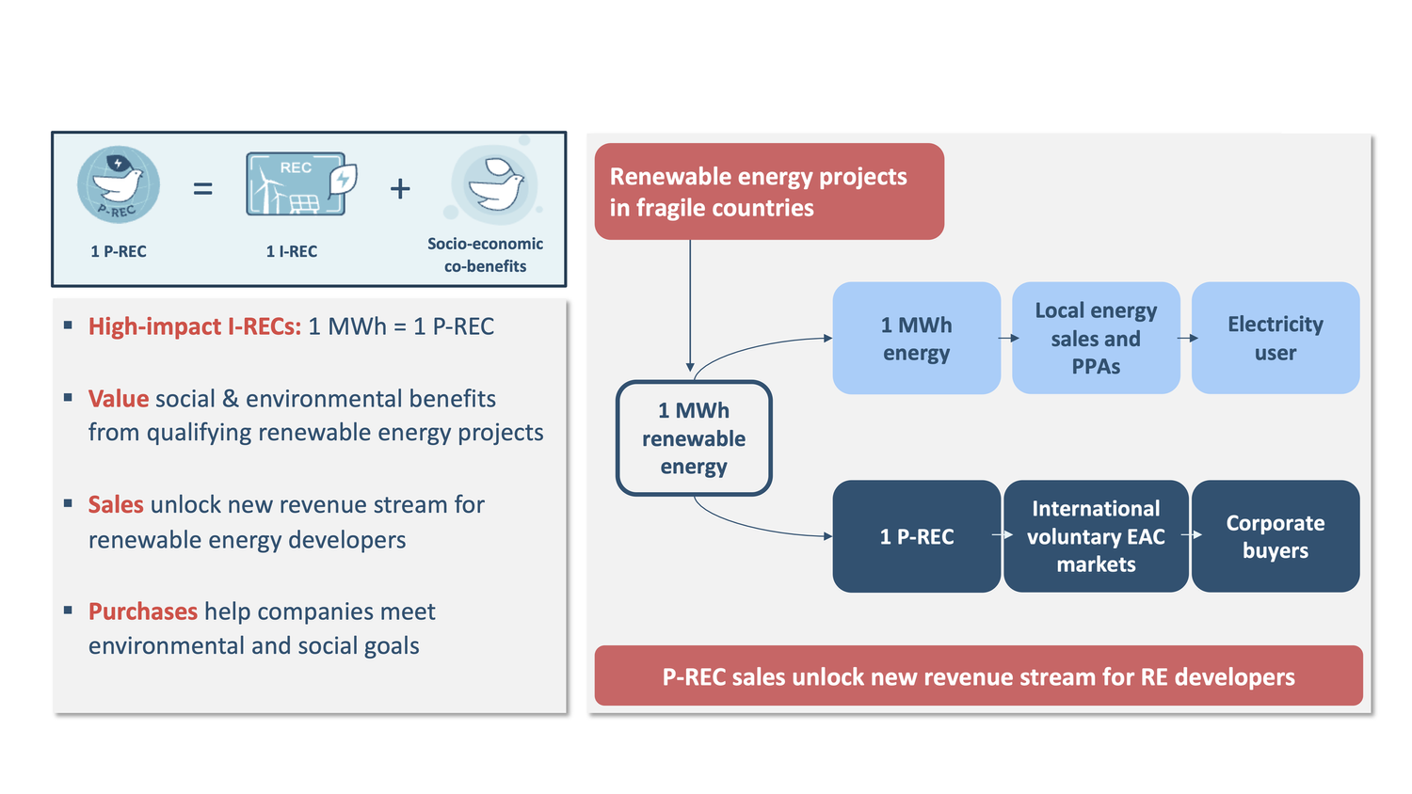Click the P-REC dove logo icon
pos(119,185)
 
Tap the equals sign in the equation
pos(202,189)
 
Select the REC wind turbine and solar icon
pos(300,184)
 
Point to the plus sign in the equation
pos(400,189)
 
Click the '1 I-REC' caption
pos(292,251)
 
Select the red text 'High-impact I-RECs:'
pos(195,326)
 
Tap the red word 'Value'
pos(119,399)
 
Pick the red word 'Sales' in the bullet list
pos(116,505)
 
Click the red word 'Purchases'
pos(143,611)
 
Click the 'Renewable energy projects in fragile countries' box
pos(768,192)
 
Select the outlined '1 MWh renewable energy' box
pos(694,438)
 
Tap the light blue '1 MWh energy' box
pos(916,339)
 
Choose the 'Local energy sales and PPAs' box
pos(1096,339)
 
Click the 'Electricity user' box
pos(1275,339)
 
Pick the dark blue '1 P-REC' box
pos(916,536)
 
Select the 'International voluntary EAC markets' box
pos(1096,536)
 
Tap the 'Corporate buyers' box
pos(1275,536)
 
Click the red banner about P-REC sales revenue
pos(978,676)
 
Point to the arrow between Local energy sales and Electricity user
pos(1186,338)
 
